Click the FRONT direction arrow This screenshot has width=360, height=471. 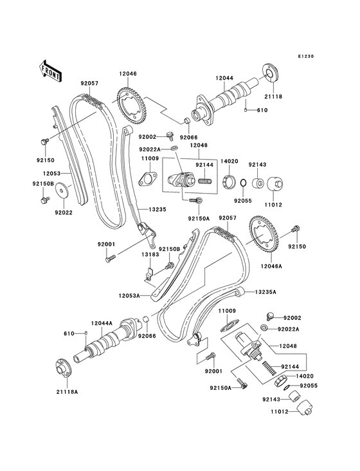pyautogui.click(x=51, y=69)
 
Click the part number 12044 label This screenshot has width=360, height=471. pyautogui.click(x=224, y=78)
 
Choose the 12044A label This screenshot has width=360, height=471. pyautogui.click(x=102, y=323)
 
